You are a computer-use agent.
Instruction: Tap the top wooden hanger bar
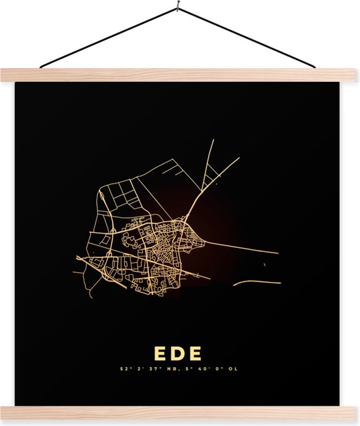[180, 75]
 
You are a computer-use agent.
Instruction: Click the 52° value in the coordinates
[124, 370]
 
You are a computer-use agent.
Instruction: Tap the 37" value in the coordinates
[154, 370]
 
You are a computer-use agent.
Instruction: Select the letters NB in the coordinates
[171, 370]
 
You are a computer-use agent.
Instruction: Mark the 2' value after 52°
[140, 370]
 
